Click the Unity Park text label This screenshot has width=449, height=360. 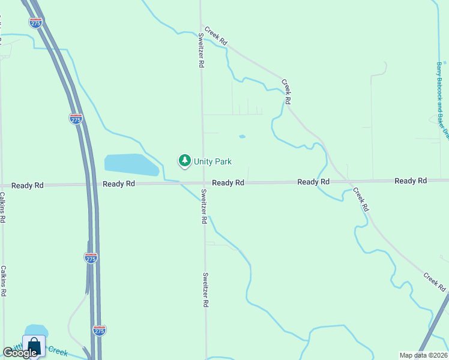(x=212, y=161)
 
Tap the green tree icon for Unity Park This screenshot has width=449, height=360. (x=184, y=160)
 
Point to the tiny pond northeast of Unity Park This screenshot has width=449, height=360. (x=242, y=136)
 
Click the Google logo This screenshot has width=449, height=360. (x=19, y=353)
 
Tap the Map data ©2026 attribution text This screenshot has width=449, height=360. (x=423, y=355)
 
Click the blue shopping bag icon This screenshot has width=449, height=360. (x=34, y=346)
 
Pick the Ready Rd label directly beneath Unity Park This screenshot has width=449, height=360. (x=228, y=182)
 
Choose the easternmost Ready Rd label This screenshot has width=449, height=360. (x=411, y=181)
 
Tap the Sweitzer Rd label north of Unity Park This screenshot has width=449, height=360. (x=200, y=50)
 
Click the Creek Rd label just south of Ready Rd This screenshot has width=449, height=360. (x=360, y=200)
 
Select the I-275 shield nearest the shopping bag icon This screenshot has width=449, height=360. (x=100, y=331)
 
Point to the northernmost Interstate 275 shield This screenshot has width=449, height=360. (x=35, y=22)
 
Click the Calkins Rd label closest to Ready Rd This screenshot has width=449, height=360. (x=2, y=207)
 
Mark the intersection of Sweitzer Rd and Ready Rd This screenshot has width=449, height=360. (x=203, y=183)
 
